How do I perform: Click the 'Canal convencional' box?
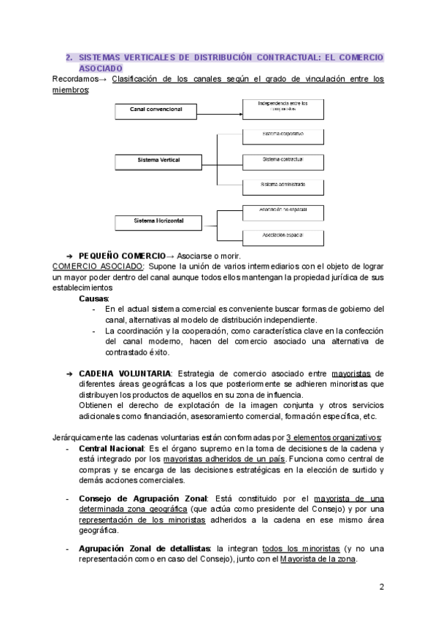tap(156, 110)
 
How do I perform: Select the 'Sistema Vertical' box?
tap(158, 159)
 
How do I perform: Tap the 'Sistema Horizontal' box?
tap(158, 220)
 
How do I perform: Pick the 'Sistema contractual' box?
tap(283, 159)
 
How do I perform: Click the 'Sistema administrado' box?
tap(283, 185)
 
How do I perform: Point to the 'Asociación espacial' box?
tap(283, 235)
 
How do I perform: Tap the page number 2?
tap(382, 588)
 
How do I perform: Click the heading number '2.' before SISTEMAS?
tap(69, 57)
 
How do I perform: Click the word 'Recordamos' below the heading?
tap(75, 79)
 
